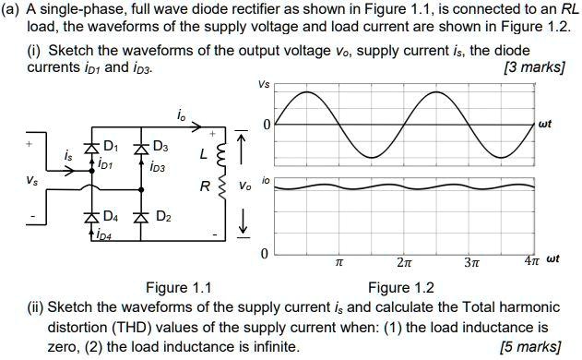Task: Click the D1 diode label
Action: click(x=111, y=146)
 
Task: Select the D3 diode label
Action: click(x=160, y=146)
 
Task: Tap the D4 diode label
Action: click(x=111, y=218)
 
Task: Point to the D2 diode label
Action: click(x=163, y=218)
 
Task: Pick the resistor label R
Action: click(x=205, y=185)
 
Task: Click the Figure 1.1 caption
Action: click(x=179, y=287)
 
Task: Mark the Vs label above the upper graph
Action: click(x=265, y=86)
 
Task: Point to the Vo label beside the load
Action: click(x=243, y=186)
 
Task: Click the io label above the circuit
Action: click(x=181, y=114)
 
